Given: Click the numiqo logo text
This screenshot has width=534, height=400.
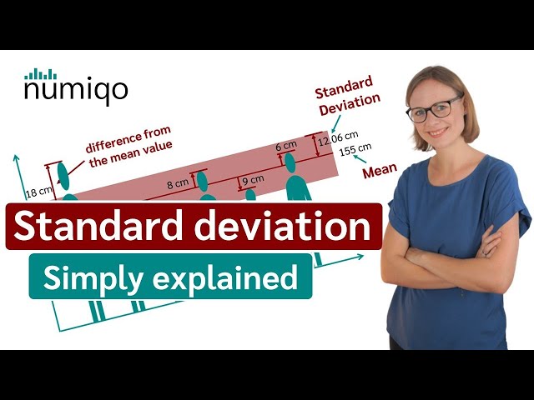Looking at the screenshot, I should tap(76, 90).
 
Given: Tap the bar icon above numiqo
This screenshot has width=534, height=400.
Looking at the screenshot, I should tap(40, 73).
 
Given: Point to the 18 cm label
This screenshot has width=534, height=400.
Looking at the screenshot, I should tap(38, 193).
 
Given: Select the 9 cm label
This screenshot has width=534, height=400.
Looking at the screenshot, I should tap(252, 178).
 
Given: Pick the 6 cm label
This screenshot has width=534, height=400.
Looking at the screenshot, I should tap(286, 147).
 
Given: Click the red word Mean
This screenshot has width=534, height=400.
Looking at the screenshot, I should tap(379, 172).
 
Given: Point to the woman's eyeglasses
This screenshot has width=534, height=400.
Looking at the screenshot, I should tap(433, 109).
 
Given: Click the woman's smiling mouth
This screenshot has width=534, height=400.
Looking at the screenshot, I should tap(439, 132).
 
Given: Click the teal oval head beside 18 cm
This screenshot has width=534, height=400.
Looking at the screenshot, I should tap(63, 176).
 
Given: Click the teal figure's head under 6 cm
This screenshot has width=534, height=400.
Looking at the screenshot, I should tap(290, 160).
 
